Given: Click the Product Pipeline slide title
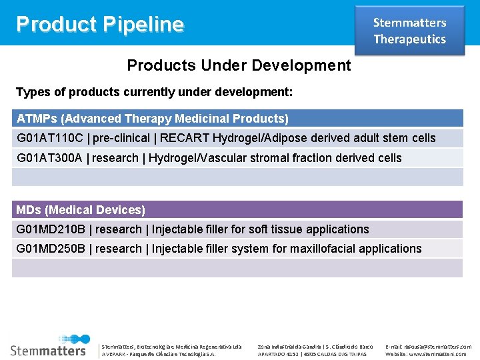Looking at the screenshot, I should click(100, 25).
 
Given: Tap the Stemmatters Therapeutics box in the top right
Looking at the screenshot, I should click(409, 31).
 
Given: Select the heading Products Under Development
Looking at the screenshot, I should click(239, 65).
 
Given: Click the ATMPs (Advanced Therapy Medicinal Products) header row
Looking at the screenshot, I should click(153, 119).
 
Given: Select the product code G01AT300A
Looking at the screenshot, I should click(51, 158).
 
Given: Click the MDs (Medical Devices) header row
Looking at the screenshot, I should click(81, 210).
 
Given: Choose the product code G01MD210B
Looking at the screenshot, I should click(51, 229).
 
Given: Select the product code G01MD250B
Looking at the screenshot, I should click(51, 249).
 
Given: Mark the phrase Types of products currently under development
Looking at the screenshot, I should click(154, 91).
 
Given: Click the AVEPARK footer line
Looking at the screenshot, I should click(158, 354).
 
